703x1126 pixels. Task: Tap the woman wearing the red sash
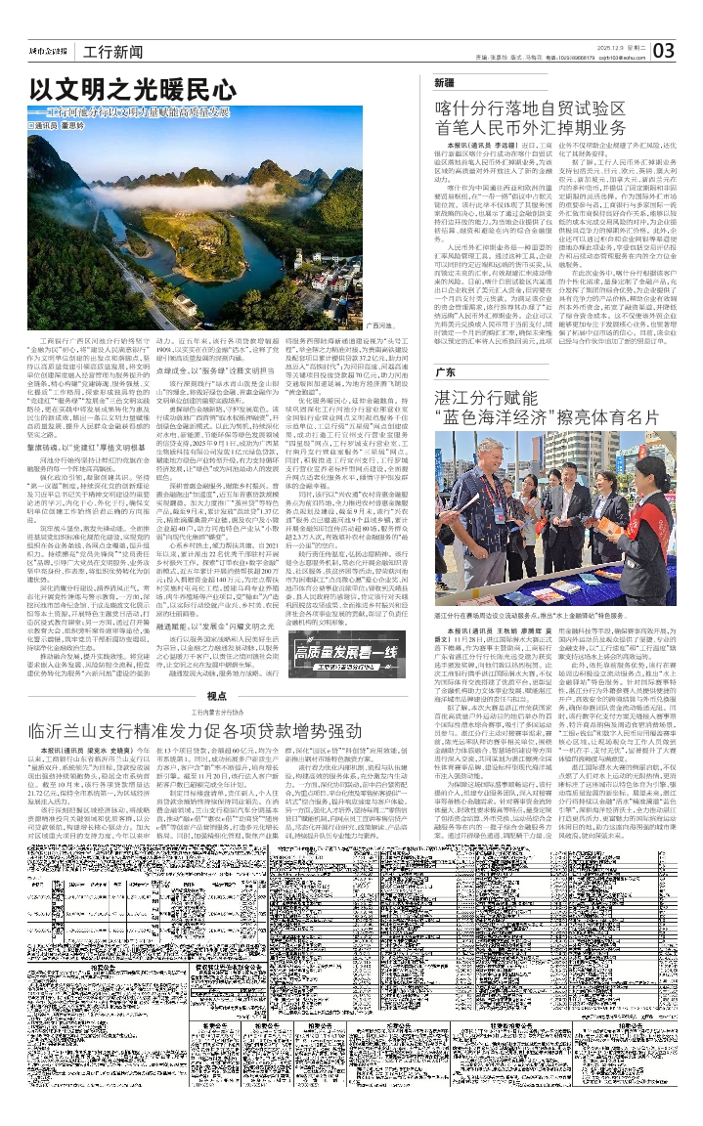pyautogui.click(x=593, y=509)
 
